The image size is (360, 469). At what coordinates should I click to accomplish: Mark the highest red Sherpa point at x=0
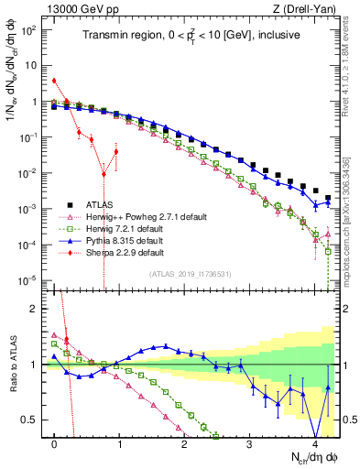click(55, 82)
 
